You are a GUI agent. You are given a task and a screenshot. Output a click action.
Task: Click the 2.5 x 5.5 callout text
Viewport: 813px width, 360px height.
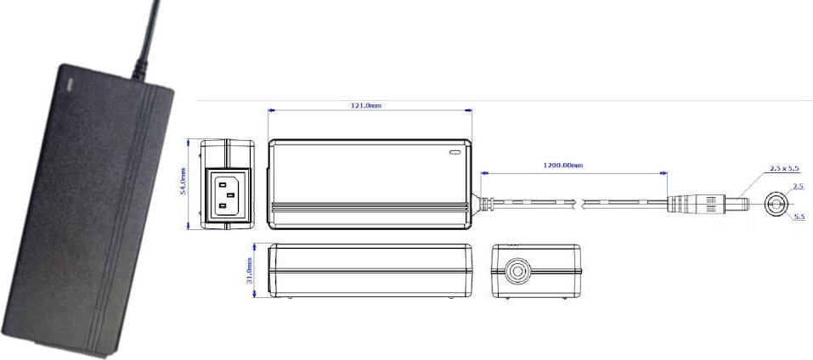(x=786, y=169)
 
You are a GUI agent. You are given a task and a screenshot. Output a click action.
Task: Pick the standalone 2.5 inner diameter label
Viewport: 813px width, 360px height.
(x=798, y=185)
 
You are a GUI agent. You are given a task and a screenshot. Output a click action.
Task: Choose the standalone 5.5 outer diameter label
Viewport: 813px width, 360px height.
(x=798, y=217)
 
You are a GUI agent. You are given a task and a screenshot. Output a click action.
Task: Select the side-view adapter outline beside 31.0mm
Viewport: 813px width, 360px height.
(x=370, y=271)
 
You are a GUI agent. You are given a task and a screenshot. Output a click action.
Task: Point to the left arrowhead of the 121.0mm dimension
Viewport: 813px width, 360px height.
(x=270, y=110)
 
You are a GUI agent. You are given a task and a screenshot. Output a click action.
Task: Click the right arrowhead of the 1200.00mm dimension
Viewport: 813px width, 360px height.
(x=664, y=172)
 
